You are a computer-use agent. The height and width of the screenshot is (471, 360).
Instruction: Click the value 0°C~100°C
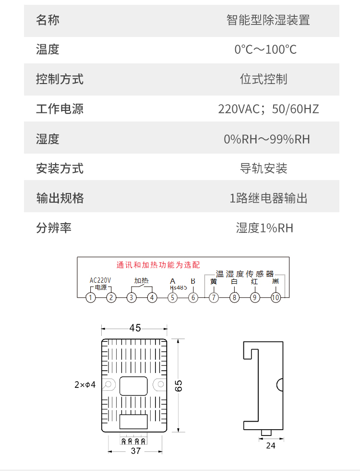[265, 49]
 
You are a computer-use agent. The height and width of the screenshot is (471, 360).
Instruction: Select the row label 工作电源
[60, 109]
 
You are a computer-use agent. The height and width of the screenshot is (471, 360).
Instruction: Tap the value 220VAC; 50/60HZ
[268, 109]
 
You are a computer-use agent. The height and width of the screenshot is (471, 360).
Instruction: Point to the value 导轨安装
[264, 168]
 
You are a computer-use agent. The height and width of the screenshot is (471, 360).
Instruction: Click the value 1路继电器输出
[268, 198]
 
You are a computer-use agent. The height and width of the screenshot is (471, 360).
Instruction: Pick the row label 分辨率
[54, 228]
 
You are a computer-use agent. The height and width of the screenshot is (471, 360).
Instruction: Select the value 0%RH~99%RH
[266, 139]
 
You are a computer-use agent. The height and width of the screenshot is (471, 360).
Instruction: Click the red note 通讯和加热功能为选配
[158, 265]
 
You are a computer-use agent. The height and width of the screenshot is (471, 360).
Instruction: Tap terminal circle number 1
[90, 298]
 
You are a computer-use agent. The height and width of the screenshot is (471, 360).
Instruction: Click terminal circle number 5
[172, 298]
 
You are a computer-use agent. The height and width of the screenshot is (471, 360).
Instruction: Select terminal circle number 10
[276, 298]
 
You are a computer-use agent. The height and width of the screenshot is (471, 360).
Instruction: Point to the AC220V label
[100, 280]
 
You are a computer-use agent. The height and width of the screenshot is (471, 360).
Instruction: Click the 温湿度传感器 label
[245, 274]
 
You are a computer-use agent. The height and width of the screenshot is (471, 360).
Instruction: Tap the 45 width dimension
[135, 328]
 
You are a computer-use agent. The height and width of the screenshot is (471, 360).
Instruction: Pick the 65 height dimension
[179, 386]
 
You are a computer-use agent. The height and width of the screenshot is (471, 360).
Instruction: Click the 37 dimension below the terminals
[136, 451]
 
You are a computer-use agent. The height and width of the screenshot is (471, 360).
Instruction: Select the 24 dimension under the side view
[271, 446]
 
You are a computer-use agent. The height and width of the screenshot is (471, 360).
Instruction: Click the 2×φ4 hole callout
[85, 385]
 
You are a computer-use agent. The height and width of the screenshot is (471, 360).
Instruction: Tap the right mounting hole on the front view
[161, 384]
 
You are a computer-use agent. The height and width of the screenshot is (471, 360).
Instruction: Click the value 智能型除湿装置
[268, 20]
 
